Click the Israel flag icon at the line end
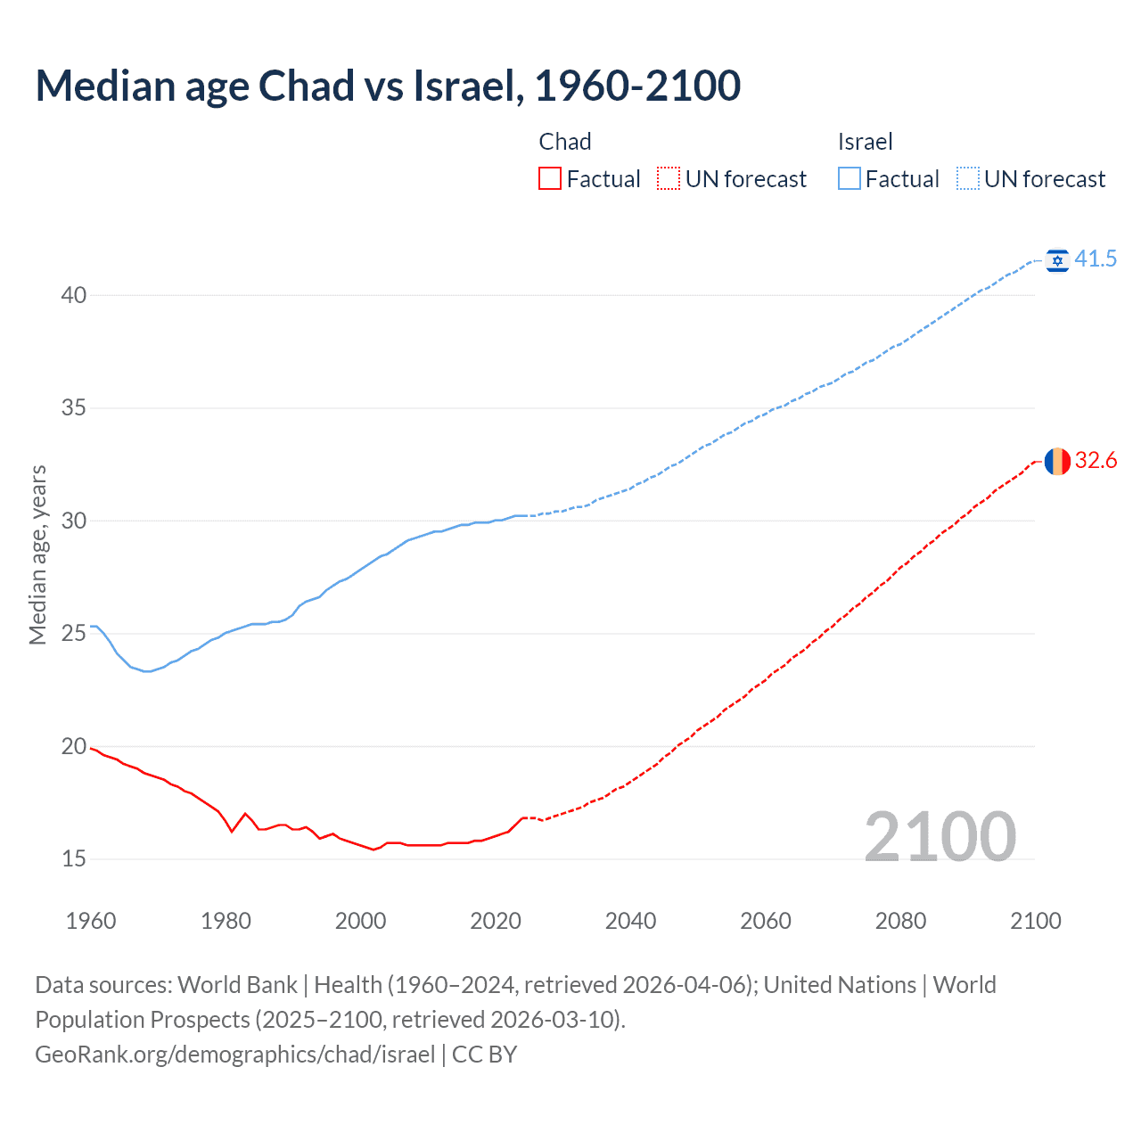1057,259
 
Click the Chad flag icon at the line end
1057,461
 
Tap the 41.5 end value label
1096,259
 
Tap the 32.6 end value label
1096,460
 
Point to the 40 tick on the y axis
74,295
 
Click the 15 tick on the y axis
74,858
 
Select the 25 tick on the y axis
74,633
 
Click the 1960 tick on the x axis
91,921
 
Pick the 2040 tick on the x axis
630,921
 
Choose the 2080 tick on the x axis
900,921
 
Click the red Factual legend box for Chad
550,179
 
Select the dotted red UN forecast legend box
669,179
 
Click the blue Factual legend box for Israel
850,179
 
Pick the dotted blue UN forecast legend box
968,179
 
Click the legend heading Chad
565,142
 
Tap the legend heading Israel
865,142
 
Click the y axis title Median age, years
37,554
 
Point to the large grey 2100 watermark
940,836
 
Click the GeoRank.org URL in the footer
235,1054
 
